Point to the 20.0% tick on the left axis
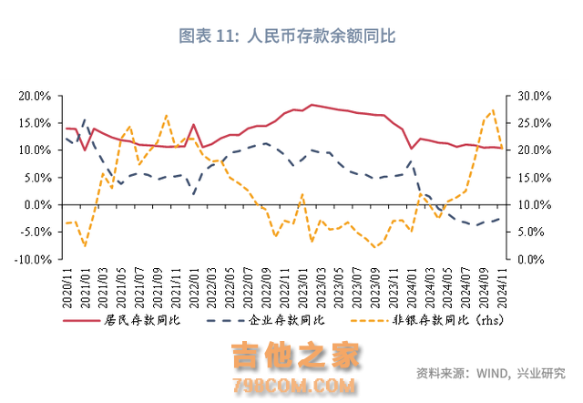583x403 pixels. pos(34,96)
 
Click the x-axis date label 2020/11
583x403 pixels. pos(66,284)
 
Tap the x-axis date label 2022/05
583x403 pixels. pos(230,284)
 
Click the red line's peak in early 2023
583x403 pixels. pos(312,105)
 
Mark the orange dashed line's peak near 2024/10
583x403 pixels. pos(493,110)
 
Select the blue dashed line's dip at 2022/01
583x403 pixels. pos(193,194)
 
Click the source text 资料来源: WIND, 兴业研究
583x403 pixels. pos(490,373)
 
